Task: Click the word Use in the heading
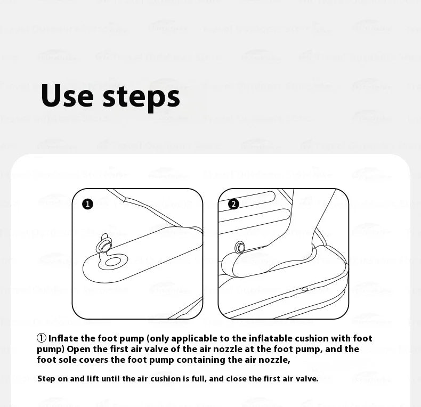(x=66, y=96)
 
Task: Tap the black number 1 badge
(x=88, y=204)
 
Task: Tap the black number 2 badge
(x=233, y=204)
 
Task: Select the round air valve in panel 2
(x=240, y=247)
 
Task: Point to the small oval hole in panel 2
(x=304, y=289)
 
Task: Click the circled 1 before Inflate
(x=42, y=338)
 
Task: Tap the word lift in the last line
(x=95, y=379)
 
